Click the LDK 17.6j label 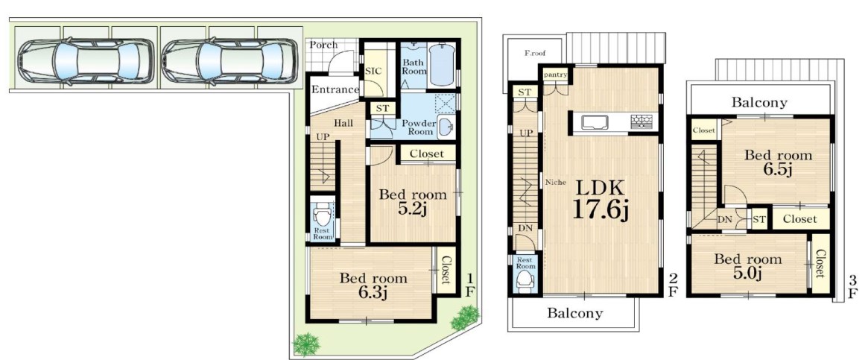(600, 200)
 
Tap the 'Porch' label (323, 45)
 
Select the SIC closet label (372, 72)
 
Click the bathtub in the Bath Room (442, 66)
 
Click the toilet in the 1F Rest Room (322, 213)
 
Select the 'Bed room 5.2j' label (413, 201)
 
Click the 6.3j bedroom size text (373, 291)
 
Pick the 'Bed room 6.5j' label (778, 162)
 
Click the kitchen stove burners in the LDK (642, 121)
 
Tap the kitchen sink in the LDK (595, 121)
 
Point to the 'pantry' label (556, 75)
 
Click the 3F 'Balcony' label (759, 102)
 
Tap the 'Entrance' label (335, 89)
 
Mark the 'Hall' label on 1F (343, 124)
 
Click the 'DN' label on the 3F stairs (725, 220)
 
